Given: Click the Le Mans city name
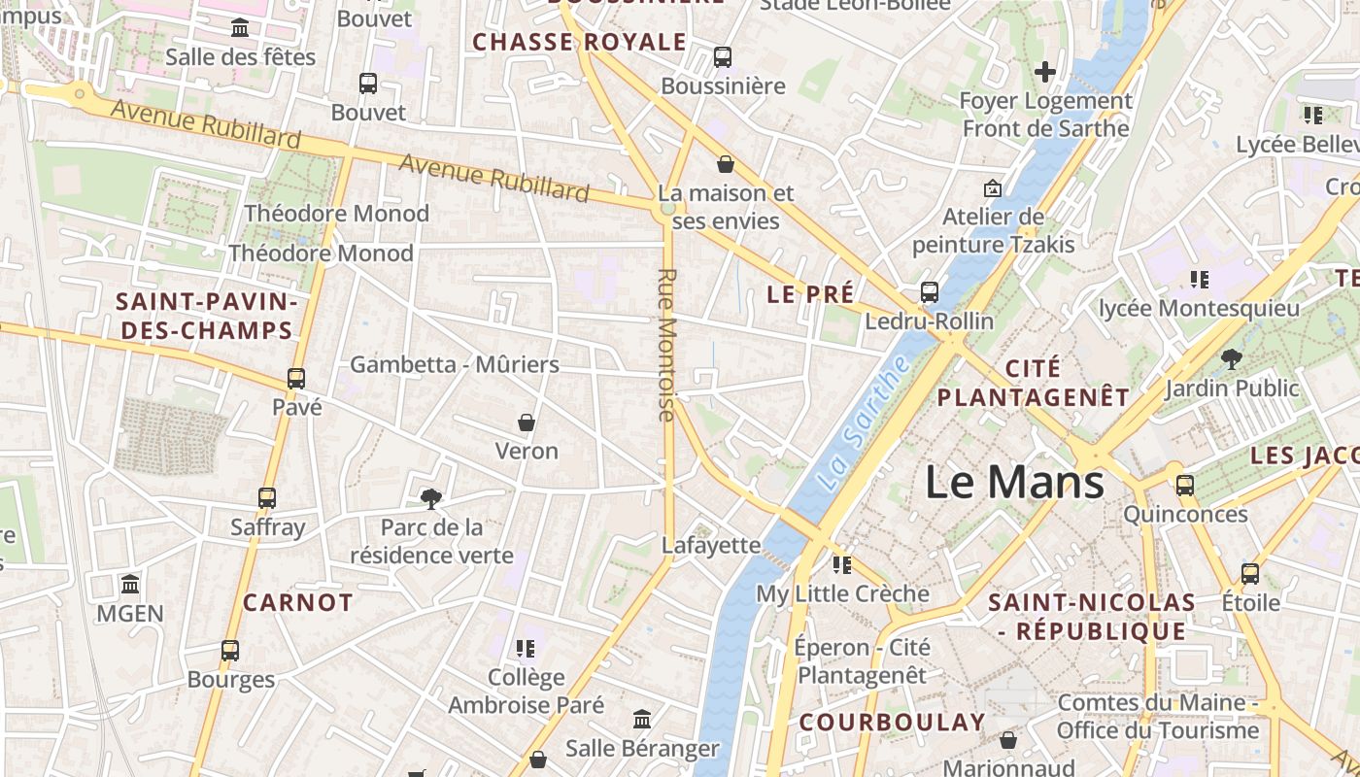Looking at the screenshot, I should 1014,483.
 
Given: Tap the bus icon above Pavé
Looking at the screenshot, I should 296,379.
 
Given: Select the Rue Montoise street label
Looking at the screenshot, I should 666,345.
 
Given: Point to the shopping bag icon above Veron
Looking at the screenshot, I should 527,422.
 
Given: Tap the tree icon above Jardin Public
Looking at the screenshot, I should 1232,359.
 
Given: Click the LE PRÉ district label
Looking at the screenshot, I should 811,293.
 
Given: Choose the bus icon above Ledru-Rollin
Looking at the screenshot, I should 930,291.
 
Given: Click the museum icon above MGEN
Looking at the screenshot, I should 130,585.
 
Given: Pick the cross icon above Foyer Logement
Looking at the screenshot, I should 1045,72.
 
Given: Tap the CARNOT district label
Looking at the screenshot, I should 298,602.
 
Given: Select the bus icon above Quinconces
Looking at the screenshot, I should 1185,486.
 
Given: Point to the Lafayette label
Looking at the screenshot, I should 711,545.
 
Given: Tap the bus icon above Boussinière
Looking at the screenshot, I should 723,57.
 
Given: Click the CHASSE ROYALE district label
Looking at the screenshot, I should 579,42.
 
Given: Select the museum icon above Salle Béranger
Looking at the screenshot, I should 642,720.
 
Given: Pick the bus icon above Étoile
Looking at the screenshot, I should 1250,573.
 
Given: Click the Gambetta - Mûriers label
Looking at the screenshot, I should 455,364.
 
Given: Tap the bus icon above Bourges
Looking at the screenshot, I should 230,651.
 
